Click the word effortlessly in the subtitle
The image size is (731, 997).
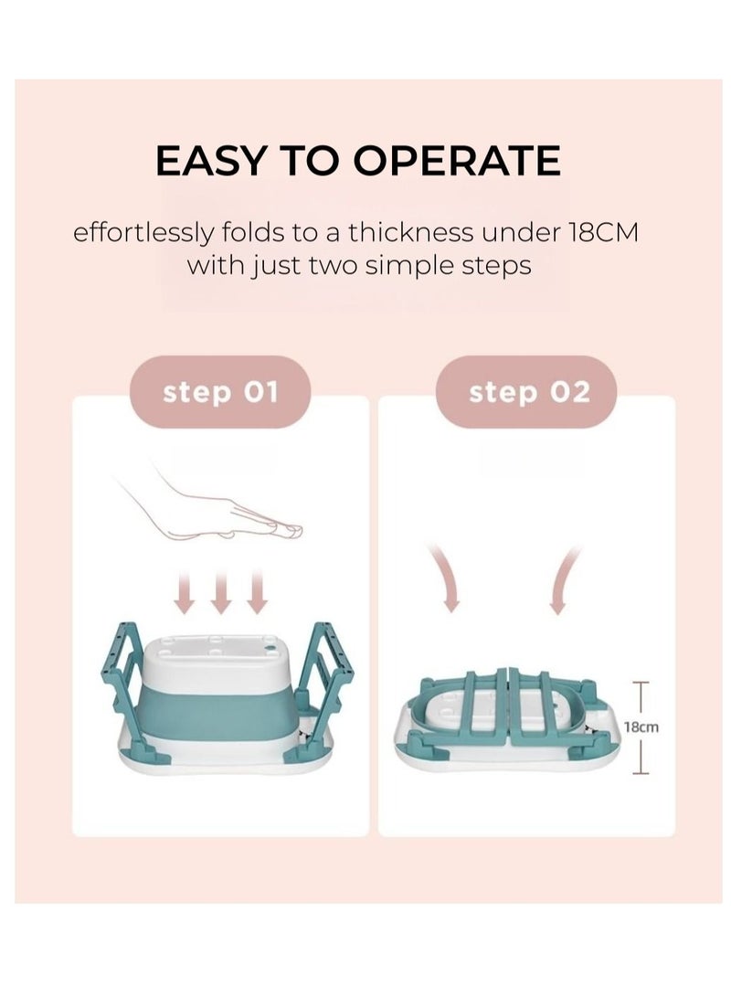tap(143, 233)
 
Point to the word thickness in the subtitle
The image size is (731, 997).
tap(410, 233)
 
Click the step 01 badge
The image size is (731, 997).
tap(220, 392)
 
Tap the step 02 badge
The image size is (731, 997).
tap(525, 392)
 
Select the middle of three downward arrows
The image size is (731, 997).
tap(220, 592)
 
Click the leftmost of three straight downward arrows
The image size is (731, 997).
tap(185, 592)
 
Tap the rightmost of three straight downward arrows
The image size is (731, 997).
tap(257, 592)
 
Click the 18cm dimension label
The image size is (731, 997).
tap(641, 727)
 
